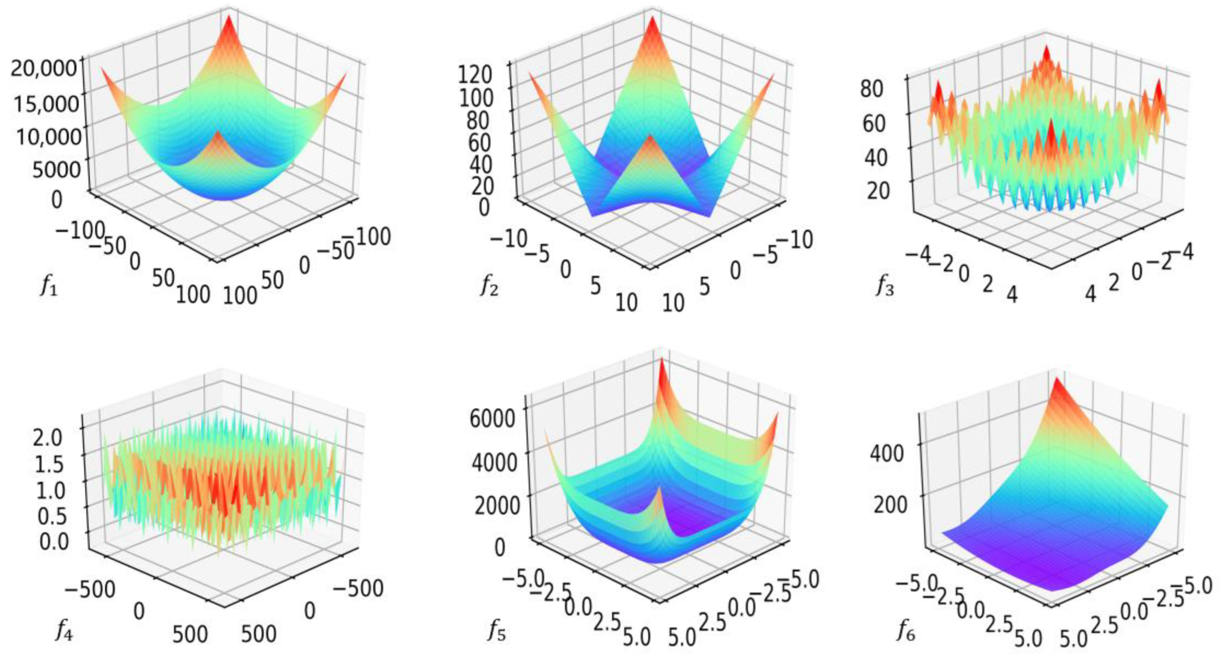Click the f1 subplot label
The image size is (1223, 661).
(x=48, y=286)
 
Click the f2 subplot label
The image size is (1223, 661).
(x=489, y=286)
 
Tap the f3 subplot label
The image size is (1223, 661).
(x=885, y=286)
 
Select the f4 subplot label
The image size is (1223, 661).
(x=63, y=630)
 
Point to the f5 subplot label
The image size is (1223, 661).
(x=497, y=630)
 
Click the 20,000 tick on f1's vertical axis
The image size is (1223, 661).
(x=44, y=68)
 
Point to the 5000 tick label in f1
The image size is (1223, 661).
(x=57, y=169)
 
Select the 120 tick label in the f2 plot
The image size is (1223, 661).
(x=475, y=75)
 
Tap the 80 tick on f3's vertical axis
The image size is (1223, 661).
(x=872, y=89)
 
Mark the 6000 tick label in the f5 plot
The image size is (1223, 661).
(x=492, y=419)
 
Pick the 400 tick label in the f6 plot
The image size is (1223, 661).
(x=886, y=452)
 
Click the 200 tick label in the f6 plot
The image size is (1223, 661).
(x=890, y=504)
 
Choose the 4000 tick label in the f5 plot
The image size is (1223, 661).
(x=494, y=462)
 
